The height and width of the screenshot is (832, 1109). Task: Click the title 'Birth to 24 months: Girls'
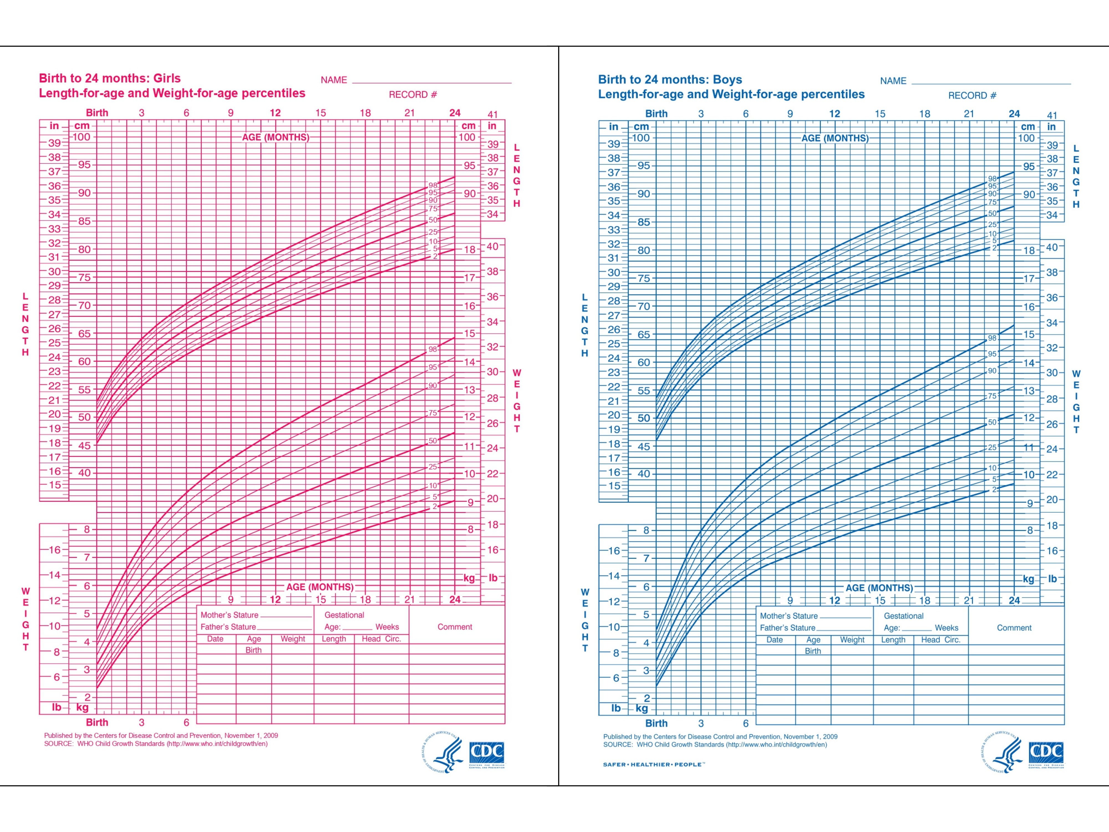pos(110,78)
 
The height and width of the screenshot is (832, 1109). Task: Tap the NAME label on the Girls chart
pos(334,80)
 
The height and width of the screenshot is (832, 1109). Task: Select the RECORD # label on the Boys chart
pos(972,95)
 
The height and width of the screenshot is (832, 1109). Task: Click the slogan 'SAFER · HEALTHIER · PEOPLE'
pos(654,764)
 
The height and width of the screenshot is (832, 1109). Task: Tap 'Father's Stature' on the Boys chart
pos(788,628)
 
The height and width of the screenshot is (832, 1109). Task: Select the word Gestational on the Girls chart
pos(344,615)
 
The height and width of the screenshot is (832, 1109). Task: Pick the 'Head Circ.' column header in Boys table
pos(940,640)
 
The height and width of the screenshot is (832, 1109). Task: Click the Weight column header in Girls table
pos(293,639)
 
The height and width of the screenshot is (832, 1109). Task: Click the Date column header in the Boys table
pos(775,640)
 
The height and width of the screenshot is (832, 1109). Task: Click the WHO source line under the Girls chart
pos(156,744)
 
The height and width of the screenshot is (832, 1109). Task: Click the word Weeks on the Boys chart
pos(947,628)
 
